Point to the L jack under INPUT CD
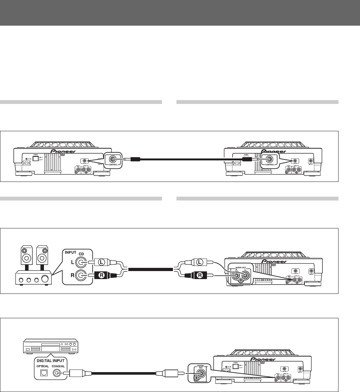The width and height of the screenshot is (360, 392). pos(81,262)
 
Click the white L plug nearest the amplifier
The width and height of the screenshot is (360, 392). pos(101,262)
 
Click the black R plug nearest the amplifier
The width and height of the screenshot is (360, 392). pos(101,275)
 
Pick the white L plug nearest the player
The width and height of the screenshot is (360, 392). pos(199,262)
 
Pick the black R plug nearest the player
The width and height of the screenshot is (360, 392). pos(199,275)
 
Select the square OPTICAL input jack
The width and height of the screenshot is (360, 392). pos(42,373)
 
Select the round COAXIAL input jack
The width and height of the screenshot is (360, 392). pos(58,373)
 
